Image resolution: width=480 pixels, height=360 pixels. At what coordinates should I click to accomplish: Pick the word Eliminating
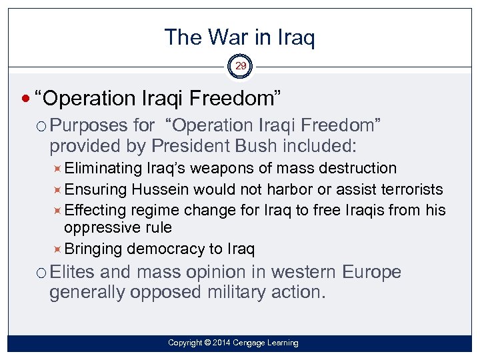104,168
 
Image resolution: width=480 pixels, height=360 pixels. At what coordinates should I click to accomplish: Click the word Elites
73,273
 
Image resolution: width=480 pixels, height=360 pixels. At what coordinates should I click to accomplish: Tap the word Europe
371,273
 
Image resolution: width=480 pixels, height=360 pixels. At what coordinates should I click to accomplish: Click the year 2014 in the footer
221,343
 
